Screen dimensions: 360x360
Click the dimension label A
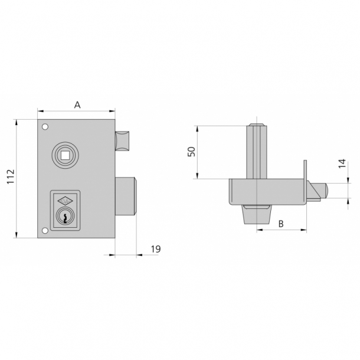tap(77, 105)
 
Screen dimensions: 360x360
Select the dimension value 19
tap(155, 249)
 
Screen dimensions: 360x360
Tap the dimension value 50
tap(190, 152)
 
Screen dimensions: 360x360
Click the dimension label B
tap(281, 223)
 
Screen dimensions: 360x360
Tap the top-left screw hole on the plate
tap(44, 126)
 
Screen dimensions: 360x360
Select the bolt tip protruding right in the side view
tap(318, 191)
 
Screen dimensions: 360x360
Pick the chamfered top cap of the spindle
tap(257, 126)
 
